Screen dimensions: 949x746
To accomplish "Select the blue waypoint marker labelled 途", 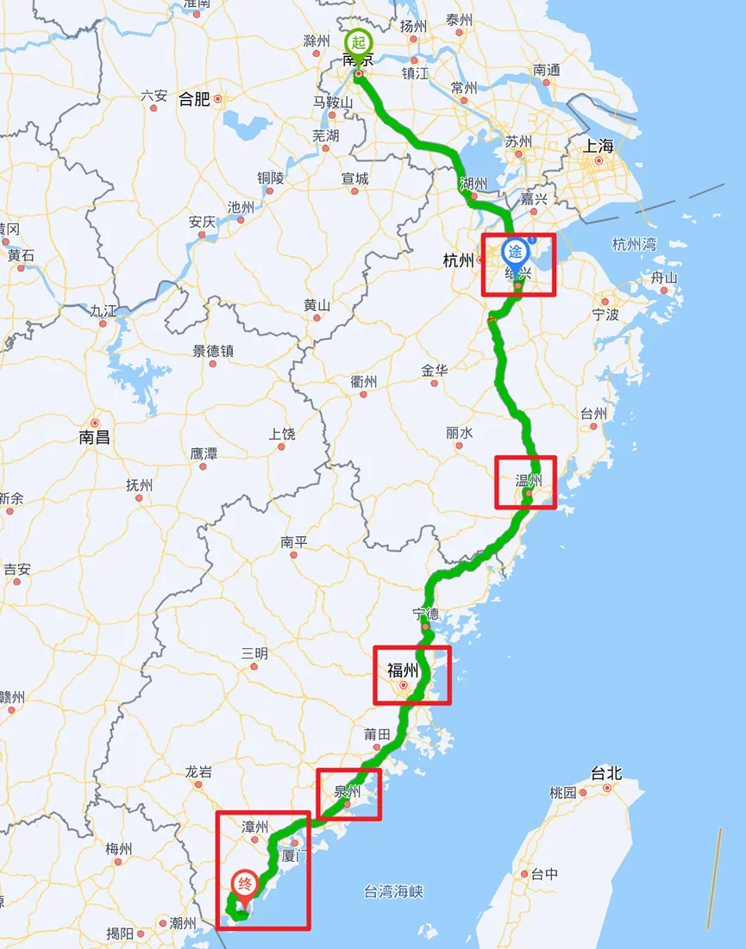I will [516, 252].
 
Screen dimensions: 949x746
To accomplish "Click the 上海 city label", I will [598, 146].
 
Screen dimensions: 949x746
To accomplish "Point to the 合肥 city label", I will [194, 99].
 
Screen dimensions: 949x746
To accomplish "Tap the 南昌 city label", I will [94, 437].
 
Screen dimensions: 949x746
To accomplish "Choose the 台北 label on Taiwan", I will [605, 773].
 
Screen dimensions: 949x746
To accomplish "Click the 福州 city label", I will [403, 670].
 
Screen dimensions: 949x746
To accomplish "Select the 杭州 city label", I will [457, 259].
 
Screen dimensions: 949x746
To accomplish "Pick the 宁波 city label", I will [605, 315].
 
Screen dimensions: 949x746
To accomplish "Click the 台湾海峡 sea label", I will [393, 892].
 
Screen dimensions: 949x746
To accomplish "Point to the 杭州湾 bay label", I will [634, 244].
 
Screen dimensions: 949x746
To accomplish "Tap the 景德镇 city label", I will [212, 351].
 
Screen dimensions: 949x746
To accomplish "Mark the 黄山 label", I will [317, 305].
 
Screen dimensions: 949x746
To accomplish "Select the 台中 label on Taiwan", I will [544, 874].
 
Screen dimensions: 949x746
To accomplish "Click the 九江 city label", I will [103, 311].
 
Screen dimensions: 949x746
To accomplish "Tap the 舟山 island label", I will [664, 278].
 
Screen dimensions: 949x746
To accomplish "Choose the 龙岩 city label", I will [198, 772].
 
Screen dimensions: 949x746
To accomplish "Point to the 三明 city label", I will [254, 653].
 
